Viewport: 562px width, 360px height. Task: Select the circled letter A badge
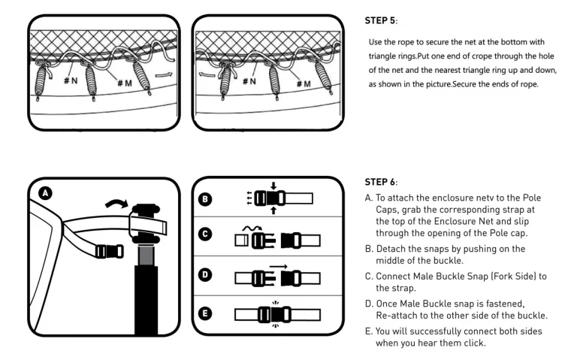click(x=46, y=193)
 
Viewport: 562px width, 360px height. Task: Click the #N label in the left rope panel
click(x=71, y=80)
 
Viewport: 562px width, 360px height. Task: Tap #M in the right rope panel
click(x=303, y=82)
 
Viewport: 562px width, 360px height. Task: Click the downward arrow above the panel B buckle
click(x=273, y=185)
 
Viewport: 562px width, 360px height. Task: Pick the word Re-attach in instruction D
click(x=398, y=314)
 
